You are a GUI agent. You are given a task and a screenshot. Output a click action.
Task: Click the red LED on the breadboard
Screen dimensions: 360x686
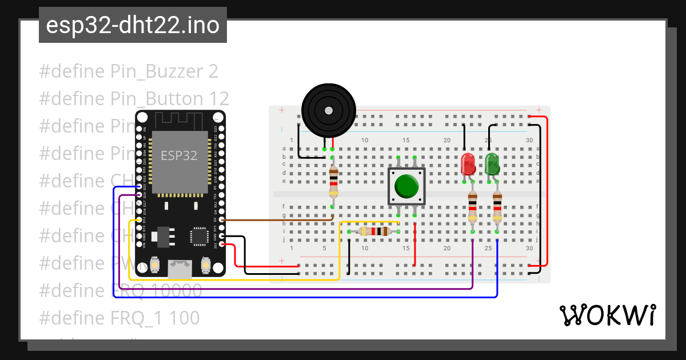468,164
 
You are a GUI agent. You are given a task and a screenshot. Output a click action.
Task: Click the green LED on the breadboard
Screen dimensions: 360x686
492,164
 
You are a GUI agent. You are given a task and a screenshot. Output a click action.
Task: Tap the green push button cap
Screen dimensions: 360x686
406,186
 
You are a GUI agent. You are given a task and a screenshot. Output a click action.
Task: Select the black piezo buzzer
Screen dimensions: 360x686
328,110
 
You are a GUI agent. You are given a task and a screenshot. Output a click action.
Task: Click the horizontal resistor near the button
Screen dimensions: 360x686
374,231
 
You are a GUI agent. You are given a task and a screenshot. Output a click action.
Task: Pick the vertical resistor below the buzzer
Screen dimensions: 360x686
333,182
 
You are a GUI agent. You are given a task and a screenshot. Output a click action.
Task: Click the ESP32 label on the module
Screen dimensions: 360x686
179,155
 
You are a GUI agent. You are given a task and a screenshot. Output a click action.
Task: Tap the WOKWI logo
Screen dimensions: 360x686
607,315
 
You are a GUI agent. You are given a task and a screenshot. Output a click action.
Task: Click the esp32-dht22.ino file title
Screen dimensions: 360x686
133,26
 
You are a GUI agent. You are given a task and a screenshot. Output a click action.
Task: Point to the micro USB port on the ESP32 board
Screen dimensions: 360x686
180,267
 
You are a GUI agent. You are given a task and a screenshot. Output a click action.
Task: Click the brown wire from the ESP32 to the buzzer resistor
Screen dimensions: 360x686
274,219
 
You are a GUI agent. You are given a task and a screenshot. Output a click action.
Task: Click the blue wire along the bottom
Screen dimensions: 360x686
309,297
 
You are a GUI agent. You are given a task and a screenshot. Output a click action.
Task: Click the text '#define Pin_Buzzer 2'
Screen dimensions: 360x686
129,71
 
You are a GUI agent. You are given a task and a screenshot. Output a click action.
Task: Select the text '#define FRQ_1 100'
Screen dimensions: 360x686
119,318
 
